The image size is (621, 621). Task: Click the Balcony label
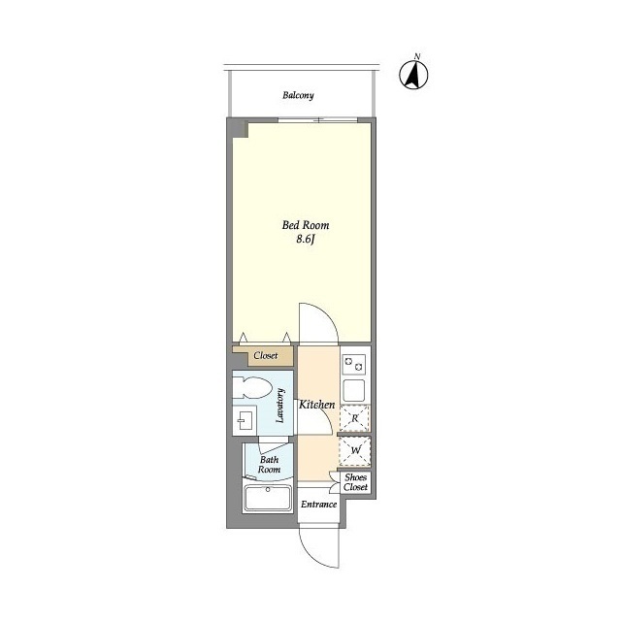click(x=298, y=95)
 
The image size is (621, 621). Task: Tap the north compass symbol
click(x=414, y=74)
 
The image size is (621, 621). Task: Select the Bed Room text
click(x=306, y=225)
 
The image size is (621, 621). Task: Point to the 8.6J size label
click(x=306, y=240)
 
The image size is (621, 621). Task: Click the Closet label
click(x=265, y=356)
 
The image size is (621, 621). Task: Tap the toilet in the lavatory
click(x=252, y=387)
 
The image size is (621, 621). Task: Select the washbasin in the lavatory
click(x=245, y=421)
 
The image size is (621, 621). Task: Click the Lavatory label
click(x=280, y=406)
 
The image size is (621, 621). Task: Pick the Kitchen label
click(x=317, y=405)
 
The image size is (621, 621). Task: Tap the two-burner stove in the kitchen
click(x=353, y=365)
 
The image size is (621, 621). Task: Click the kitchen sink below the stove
click(x=353, y=390)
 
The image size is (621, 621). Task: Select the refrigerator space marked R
click(x=354, y=418)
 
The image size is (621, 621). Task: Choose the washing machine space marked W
click(x=355, y=450)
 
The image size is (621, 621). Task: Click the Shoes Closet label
click(x=356, y=482)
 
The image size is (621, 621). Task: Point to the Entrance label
click(x=319, y=505)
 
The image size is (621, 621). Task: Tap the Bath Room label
click(x=270, y=465)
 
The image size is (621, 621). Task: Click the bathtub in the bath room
click(x=268, y=498)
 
